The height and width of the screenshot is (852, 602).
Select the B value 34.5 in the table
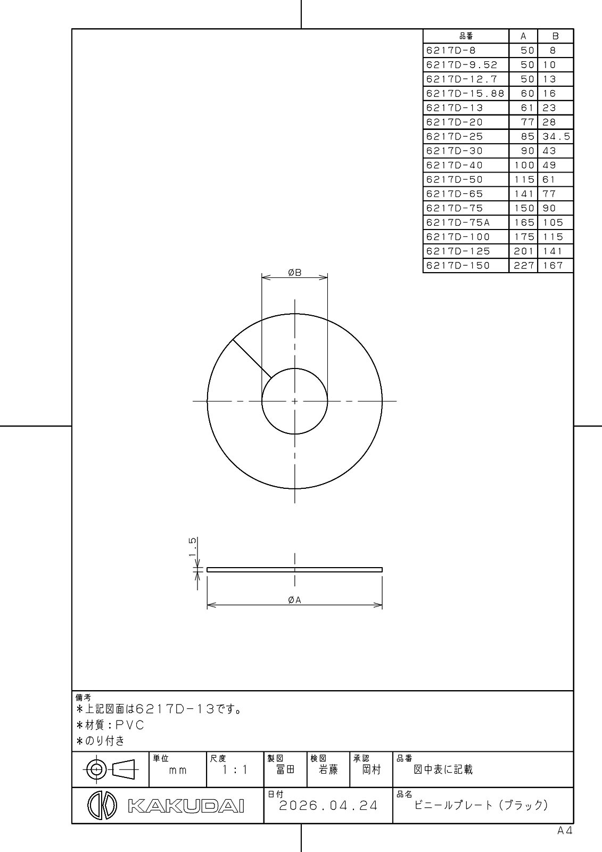(556, 136)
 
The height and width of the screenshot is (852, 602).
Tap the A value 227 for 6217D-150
(524, 266)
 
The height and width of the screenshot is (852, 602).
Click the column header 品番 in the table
(466, 36)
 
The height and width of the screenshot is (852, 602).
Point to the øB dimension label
(295, 272)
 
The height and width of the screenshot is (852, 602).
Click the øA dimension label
(294, 600)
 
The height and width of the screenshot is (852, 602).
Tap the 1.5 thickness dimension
(193, 546)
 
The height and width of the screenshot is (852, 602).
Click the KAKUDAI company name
(186, 806)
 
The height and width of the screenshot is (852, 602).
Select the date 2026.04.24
(328, 806)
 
